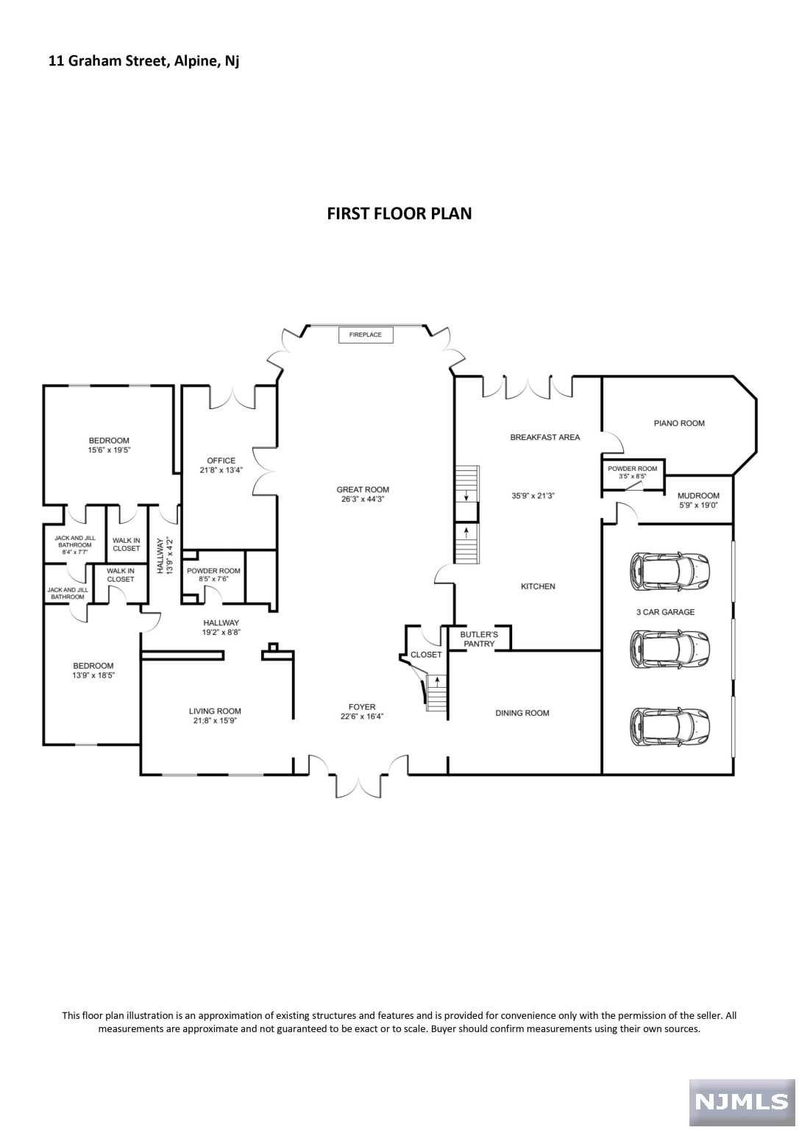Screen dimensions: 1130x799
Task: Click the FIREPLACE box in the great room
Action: pos(366,335)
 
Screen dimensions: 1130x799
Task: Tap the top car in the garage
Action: pos(669,571)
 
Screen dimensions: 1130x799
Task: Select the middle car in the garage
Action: pos(669,649)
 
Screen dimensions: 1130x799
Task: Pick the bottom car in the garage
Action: pos(669,726)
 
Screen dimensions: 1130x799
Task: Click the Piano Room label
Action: pos(679,423)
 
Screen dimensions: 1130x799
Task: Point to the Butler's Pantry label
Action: pos(479,639)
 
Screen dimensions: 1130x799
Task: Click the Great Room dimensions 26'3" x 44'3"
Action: pos(363,499)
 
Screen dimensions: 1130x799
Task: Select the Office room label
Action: pos(221,461)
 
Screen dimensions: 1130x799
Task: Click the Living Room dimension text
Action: pos(215,721)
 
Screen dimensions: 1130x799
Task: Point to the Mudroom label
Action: pos(698,496)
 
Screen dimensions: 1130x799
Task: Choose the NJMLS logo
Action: pos(741,1101)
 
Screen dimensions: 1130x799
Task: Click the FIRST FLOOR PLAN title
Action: pos(399,213)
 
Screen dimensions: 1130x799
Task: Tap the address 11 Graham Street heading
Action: pos(144,61)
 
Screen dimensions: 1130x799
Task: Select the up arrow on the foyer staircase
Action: pos(437,681)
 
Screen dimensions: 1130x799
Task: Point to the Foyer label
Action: pos(358,707)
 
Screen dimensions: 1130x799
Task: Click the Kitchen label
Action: pos(538,586)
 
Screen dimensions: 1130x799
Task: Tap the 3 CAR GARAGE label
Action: pos(665,612)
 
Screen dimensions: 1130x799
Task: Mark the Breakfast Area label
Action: pos(544,437)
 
